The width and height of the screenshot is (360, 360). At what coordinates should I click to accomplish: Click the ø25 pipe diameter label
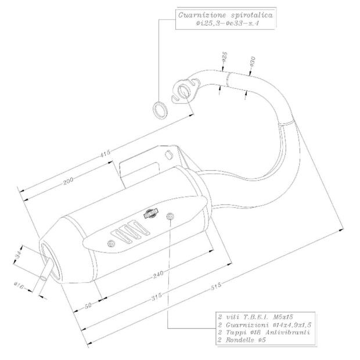(x=224, y=59)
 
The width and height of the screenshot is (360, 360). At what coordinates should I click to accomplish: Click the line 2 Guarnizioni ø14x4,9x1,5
(x=262, y=325)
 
